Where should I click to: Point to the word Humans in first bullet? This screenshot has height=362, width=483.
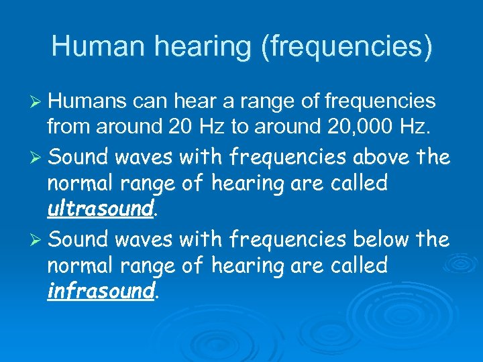[89, 101]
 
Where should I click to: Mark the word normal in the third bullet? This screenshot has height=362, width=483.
[82, 265]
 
